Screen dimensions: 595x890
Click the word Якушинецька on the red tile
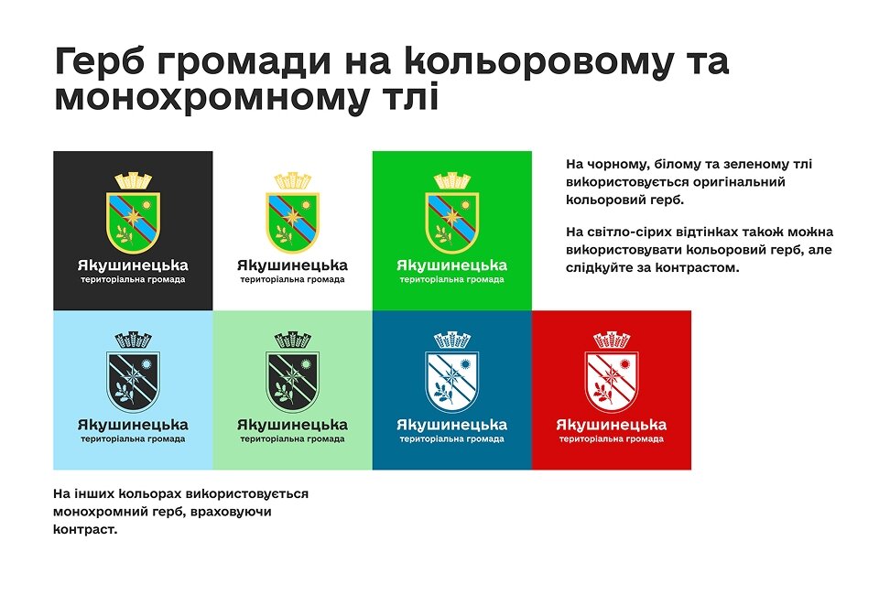(611, 425)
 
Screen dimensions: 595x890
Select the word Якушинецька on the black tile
(133, 265)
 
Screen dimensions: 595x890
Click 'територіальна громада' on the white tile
(292, 279)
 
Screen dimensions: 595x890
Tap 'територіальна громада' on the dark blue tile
(451, 439)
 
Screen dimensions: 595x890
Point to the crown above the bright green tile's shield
(451, 180)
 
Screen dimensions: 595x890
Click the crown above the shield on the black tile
(133, 180)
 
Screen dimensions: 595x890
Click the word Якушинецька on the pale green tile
(292, 425)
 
